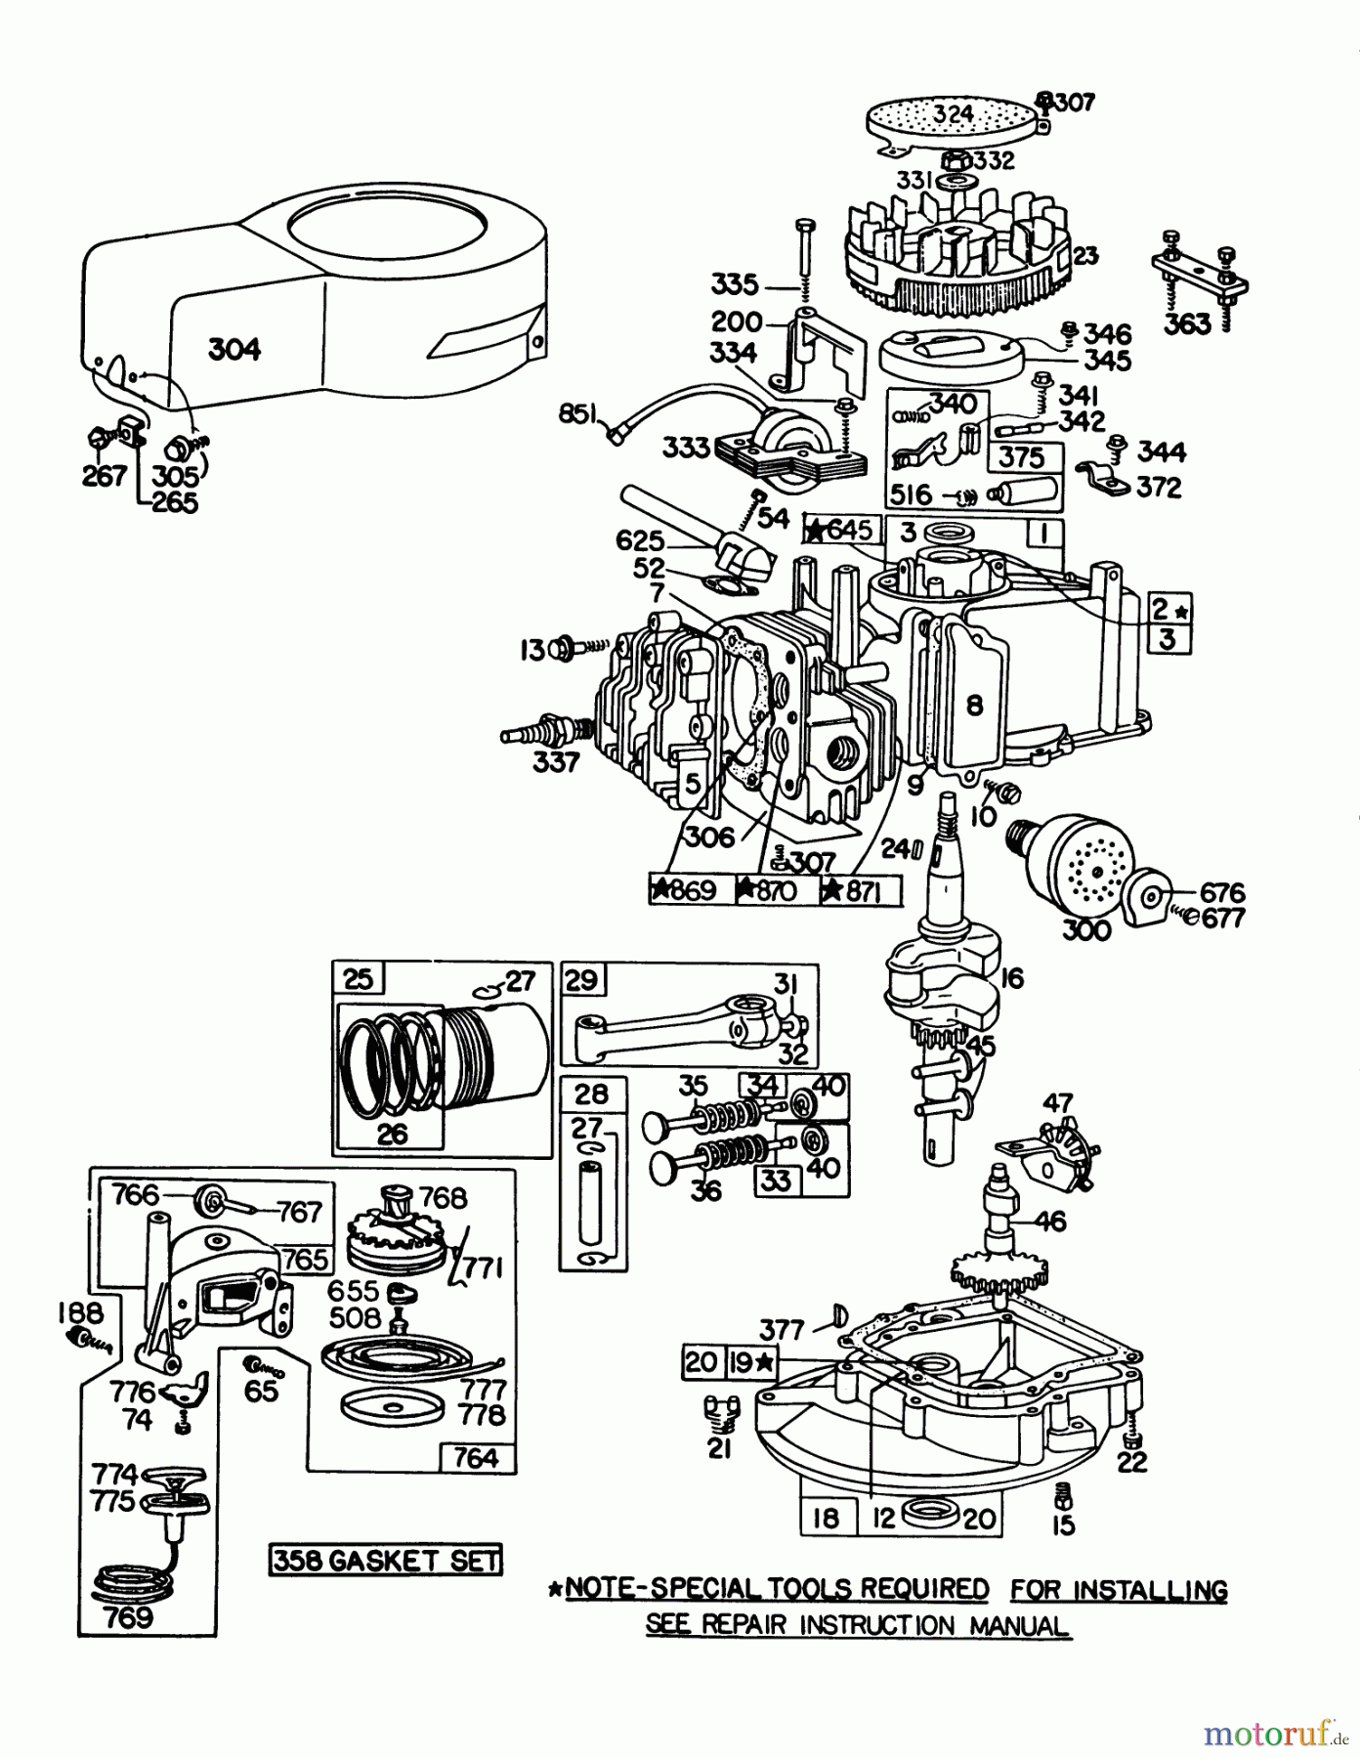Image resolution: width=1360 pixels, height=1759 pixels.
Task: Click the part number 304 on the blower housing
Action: coord(234,349)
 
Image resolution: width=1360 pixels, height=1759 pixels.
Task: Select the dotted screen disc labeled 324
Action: coord(952,121)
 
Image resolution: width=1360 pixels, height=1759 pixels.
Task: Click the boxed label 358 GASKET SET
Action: coord(385,1559)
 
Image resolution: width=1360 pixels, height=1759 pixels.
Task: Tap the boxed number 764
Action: coord(476,1458)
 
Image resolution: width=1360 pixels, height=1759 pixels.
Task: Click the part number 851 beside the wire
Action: coord(578,415)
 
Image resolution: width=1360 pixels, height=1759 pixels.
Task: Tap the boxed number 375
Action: coord(1021,457)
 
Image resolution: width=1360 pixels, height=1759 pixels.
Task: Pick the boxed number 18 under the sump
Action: coord(826,1518)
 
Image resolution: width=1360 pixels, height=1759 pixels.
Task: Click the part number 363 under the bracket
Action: coord(1187,323)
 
